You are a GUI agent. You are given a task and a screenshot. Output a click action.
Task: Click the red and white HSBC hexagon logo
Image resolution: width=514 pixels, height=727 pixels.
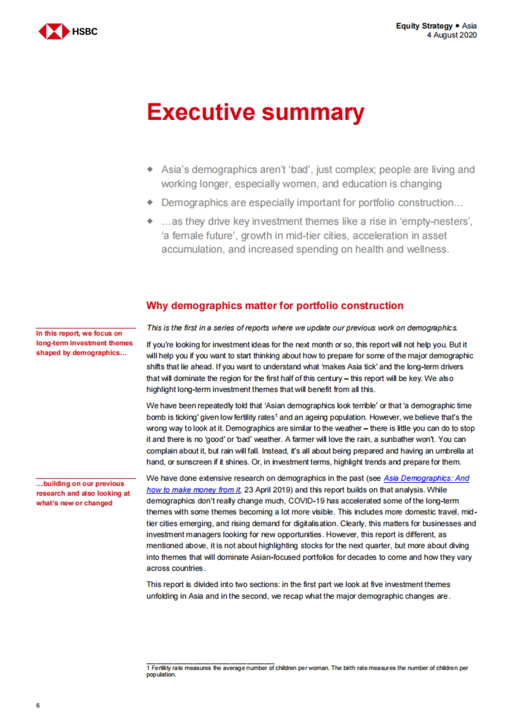point(54,31)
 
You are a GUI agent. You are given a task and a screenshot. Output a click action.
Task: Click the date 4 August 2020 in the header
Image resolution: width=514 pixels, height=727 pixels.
point(451,35)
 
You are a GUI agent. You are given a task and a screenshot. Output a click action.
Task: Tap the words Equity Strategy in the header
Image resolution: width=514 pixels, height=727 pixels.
point(424,26)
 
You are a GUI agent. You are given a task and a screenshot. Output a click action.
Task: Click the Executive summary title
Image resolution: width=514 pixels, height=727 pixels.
point(255,112)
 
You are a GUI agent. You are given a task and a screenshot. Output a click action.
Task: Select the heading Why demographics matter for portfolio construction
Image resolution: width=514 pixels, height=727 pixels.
point(275,306)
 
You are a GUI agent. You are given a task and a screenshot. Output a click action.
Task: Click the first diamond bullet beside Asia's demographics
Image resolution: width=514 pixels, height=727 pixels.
point(150,170)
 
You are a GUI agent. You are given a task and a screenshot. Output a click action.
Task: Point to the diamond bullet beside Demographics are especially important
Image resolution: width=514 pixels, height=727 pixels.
point(150,202)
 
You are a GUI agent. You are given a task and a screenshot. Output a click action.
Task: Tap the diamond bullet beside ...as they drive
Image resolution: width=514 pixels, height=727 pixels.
point(150,221)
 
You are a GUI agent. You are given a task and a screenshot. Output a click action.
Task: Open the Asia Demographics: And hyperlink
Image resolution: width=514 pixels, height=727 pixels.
point(426,478)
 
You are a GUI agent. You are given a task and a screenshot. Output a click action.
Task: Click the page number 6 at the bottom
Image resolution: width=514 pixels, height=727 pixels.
point(38,705)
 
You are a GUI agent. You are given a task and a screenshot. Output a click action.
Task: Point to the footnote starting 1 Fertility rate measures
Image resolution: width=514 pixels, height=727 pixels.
point(307,671)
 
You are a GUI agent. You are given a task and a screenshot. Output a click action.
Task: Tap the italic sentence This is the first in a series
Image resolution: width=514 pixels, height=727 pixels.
point(302,328)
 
